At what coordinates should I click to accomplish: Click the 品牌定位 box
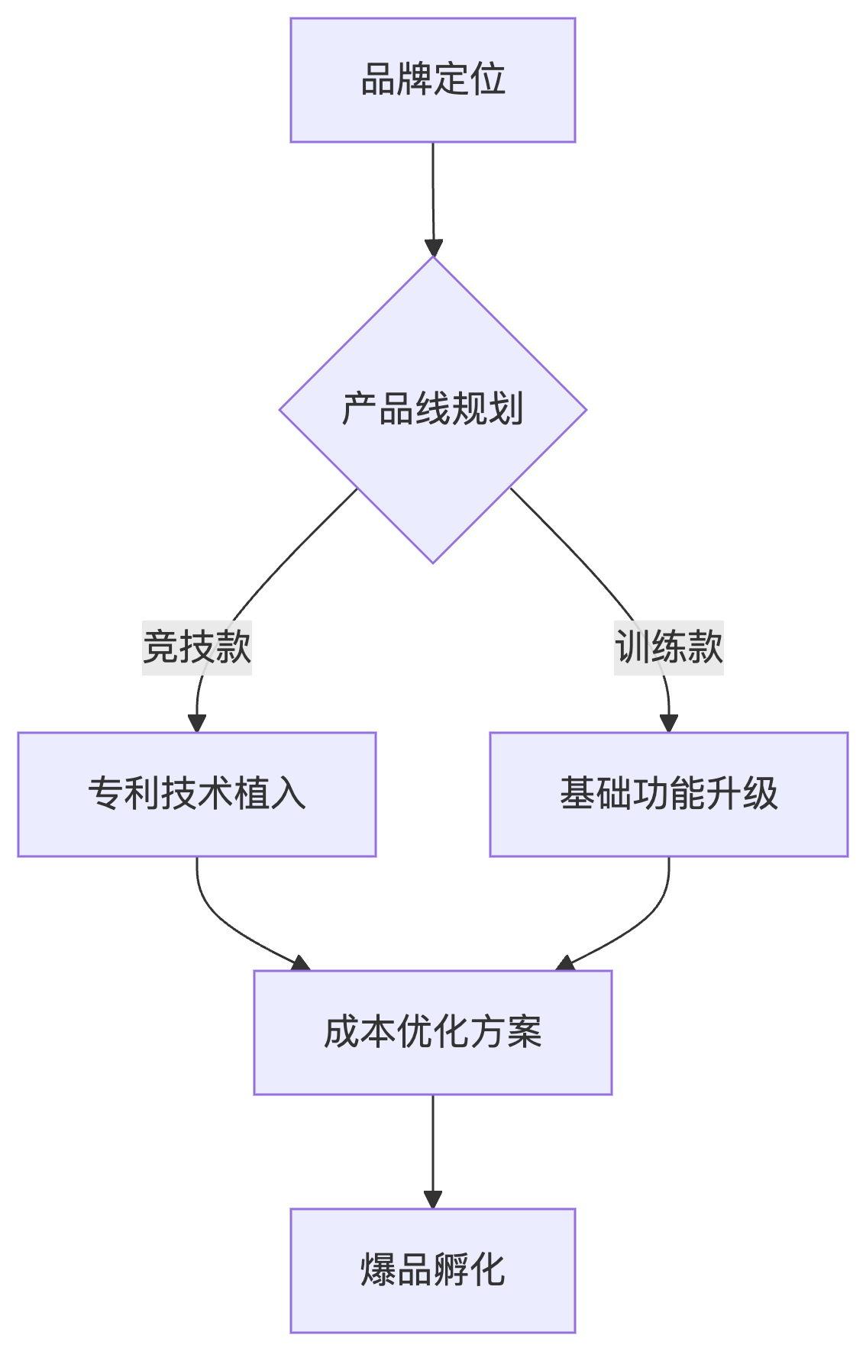tap(432, 80)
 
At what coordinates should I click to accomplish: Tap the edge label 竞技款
tap(197, 647)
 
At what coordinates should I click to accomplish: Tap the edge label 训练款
tap(669, 647)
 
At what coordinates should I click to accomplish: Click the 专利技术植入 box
tap(197, 794)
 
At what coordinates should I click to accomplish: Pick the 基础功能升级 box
tap(669, 794)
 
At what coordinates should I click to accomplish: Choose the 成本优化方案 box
tap(432, 1032)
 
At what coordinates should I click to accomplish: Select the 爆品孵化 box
tap(432, 1270)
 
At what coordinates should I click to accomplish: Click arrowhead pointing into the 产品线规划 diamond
tap(434, 249)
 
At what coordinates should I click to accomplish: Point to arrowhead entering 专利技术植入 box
tap(197, 724)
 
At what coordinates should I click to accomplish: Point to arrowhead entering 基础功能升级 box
tap(669, 724)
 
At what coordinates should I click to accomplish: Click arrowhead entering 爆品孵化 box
tap(433, 1199)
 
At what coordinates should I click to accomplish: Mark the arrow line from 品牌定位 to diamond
tap(433, 191)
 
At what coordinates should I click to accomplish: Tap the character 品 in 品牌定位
tap(378, 80)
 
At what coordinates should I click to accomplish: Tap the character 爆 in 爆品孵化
tap(378, 1270)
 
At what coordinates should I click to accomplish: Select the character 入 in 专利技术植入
tap(289, 794)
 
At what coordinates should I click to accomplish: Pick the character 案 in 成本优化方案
tap(524, 1032)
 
